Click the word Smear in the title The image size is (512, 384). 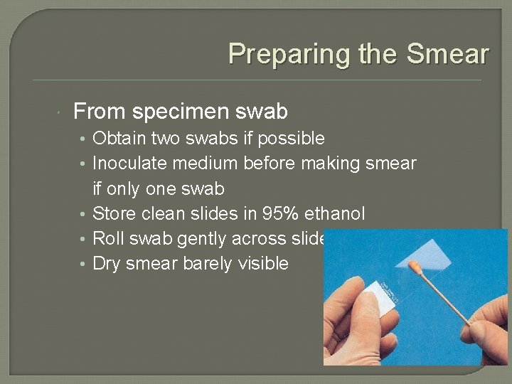454,53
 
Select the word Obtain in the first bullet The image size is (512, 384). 117,138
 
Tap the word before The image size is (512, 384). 273,164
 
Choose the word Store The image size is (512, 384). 112,213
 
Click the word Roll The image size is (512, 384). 107,238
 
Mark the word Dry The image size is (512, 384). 107,264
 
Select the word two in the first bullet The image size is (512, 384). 161,138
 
